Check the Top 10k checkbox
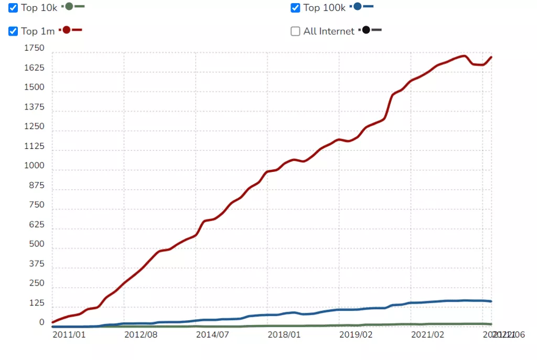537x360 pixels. (x=14, y=8)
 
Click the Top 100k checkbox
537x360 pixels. (x=295, y=8)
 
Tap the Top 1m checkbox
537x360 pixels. (x=14, y=31)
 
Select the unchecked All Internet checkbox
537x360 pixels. (x=295, y=31)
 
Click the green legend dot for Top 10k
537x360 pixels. (x=69, y=7)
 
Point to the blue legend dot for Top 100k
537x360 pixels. (x=358, y=7)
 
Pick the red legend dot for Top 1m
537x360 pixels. (x=67, y=30)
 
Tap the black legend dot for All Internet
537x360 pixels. (x=366, y=30)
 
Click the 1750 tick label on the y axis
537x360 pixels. (x=35, y=49)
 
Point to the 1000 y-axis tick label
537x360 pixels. (x=35, y=166)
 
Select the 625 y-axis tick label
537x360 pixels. (x=37, y=225)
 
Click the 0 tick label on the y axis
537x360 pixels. (x=42, y=323)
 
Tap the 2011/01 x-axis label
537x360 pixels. (x=69, y=334)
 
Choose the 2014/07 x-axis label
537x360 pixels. (x=212, y=334)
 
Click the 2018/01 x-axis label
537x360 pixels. (x=284, y=334)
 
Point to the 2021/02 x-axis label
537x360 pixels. (x=427, y=334)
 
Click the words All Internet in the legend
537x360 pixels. (x=329, y=31)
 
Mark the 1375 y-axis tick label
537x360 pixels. (x=35, y=107)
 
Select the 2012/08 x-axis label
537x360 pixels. (x=141, y=334)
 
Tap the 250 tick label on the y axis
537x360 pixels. (x=37, y=283)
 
